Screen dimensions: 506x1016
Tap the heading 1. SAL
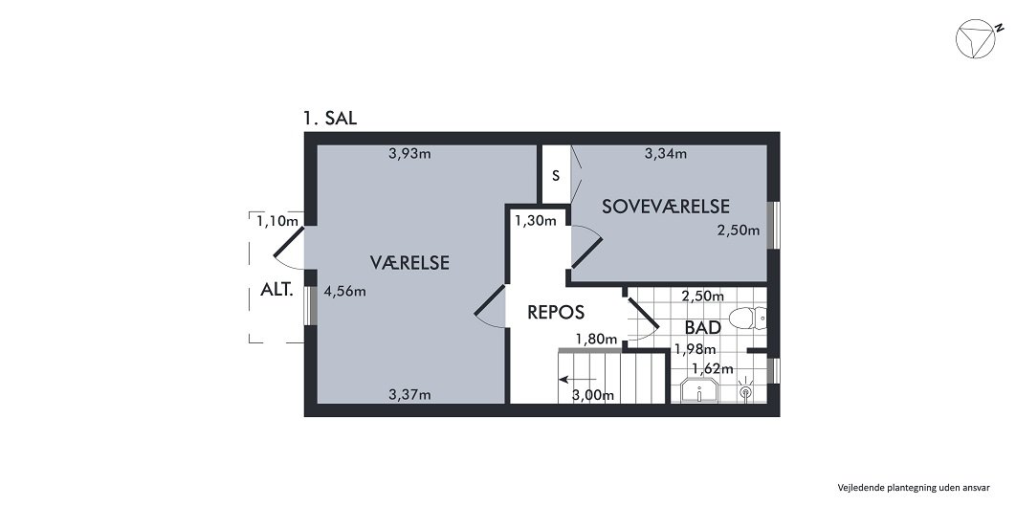click(x=330, y=119)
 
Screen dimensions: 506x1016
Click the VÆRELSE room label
click(x=410, y=262)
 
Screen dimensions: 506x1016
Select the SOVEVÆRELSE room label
click(x=666, y=206)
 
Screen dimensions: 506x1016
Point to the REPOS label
click(x=556, y=312)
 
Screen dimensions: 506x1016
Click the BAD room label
click(x=702, y=327)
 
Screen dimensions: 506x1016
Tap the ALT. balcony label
click(x=276, y=292)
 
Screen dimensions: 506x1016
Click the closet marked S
click(x=555, y=176)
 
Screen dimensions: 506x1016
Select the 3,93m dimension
click(x=409, y=153)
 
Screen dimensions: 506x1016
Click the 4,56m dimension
click(x=344, y=292)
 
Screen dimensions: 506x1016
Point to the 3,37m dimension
click(x=409, y=393)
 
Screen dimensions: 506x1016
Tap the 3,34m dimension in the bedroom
click(x=665, y=153)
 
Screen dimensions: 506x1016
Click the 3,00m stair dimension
click(x=592, y=395)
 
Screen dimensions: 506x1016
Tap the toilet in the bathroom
click(x=746, y=317)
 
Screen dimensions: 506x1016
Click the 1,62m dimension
click(x=714, y=368)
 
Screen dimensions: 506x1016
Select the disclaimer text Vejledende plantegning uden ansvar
click(x=913, y=485)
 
